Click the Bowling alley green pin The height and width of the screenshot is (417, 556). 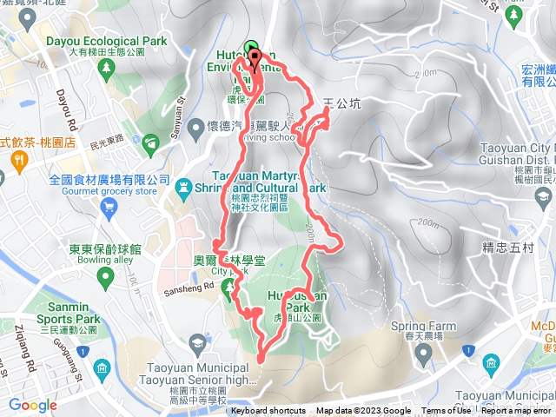point(105,278)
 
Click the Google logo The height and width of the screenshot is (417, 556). point(33,405)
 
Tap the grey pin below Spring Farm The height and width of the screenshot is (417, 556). point(423,353)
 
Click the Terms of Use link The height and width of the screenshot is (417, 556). point(447,411)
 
